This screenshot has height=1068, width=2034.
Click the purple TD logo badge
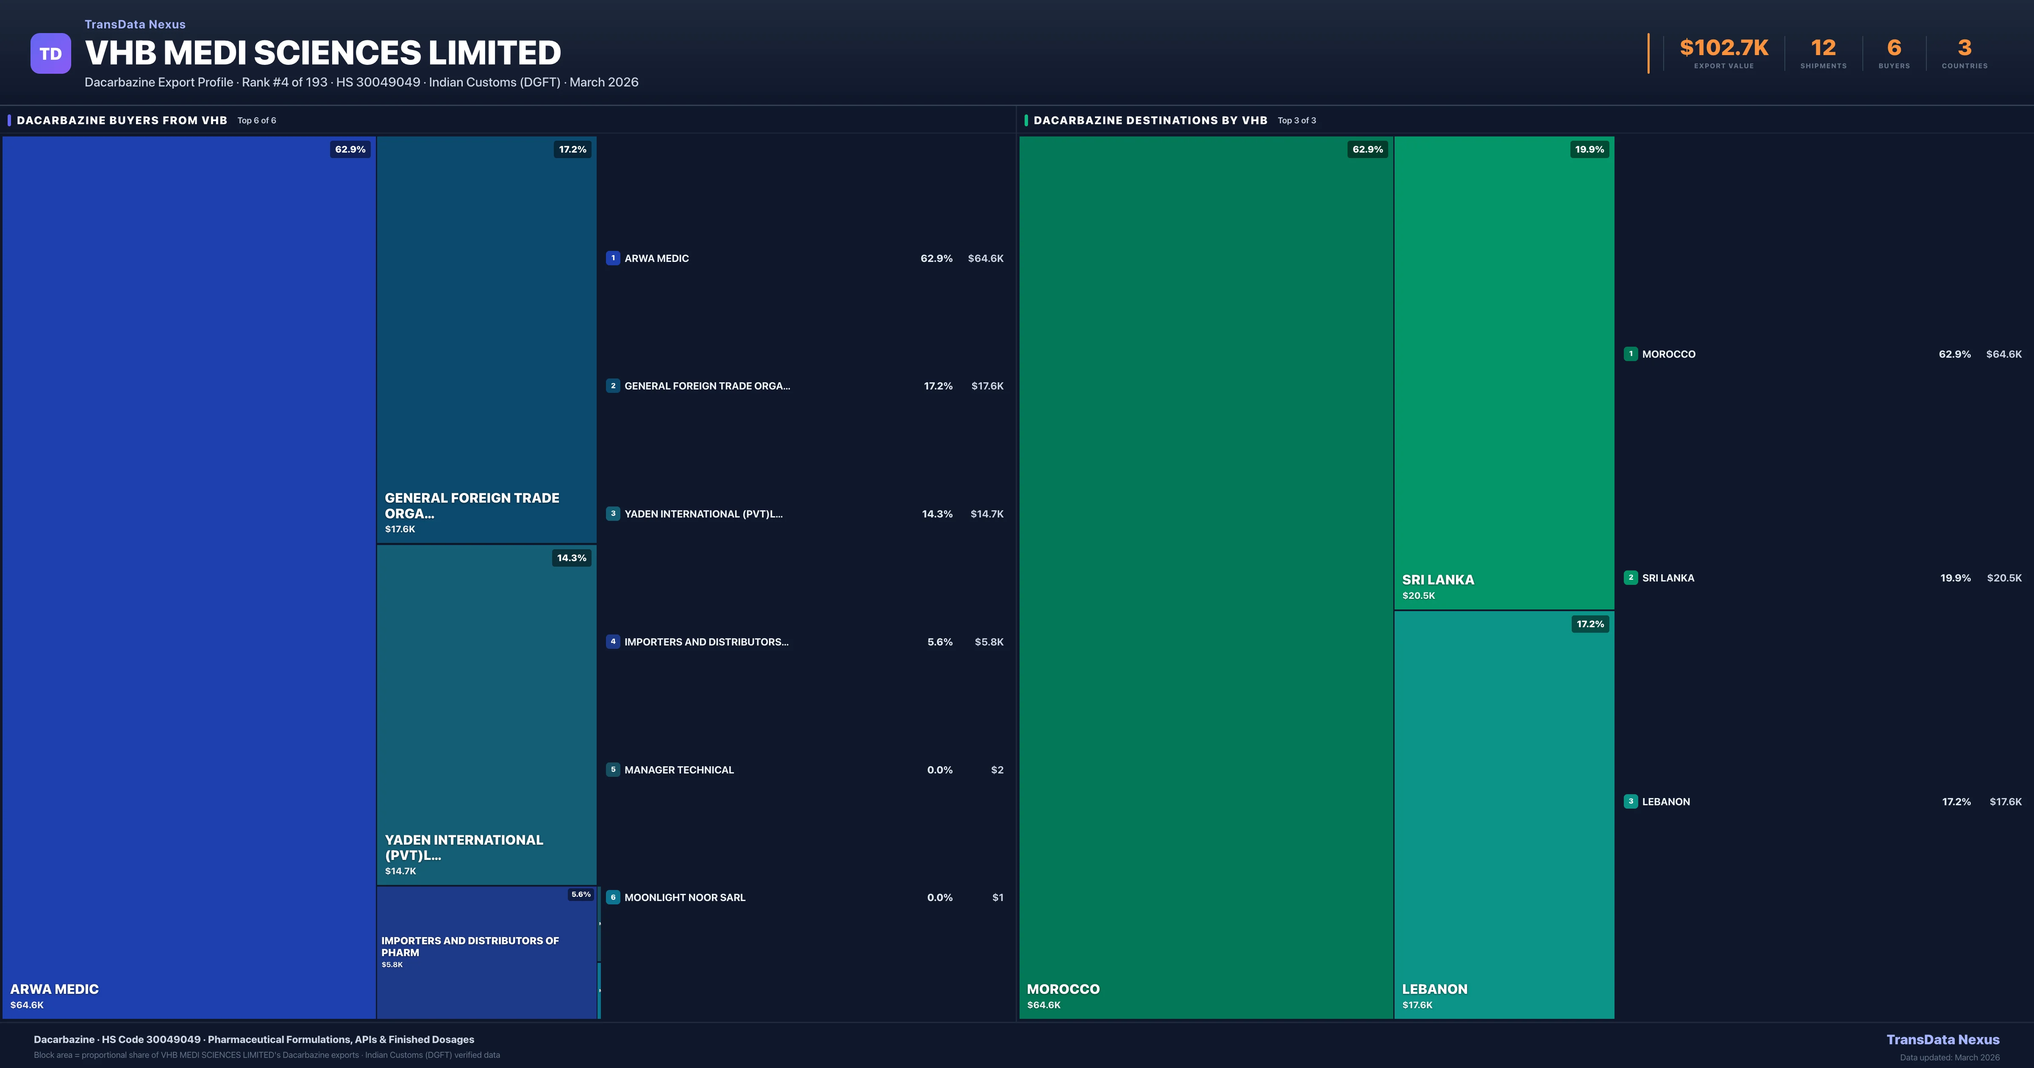[50, 54]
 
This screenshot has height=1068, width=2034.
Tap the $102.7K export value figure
[1724, 48]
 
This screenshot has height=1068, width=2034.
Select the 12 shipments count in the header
[1823, 48]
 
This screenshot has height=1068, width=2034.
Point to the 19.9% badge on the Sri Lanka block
[1589, 149]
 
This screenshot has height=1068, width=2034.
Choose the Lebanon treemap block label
[1434, 989]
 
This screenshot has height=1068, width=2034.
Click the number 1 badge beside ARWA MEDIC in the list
[613, 258]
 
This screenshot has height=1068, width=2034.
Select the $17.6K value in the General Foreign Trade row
[987, 386]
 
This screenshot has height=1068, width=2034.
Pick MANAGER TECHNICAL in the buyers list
[679, 770]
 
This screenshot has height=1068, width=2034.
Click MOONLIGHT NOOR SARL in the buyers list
[685, 897]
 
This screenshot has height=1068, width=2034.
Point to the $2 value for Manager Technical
[997, 770]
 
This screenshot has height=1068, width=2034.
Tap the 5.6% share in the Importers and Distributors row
[939, 642]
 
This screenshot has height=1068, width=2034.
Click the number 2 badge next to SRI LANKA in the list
[1631, 578]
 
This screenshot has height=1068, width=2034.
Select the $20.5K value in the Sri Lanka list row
[2004, 578]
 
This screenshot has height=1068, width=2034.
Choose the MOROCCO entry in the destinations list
[1668, 355]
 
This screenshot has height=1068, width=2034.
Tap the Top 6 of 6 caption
[257, 121]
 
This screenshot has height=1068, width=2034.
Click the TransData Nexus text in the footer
[1942, 1040]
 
